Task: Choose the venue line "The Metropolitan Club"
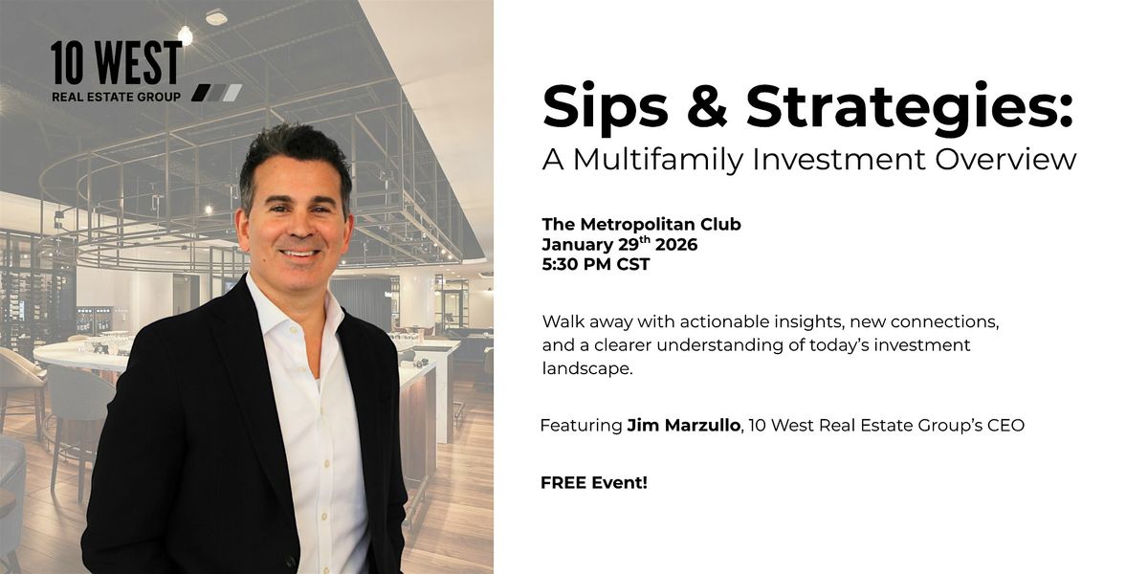click(641, 225)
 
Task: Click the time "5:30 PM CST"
click(595, 265)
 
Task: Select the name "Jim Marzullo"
click(686, 425)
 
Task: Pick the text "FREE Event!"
click(593, 482)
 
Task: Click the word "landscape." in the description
click(587, 369)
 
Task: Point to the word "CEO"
click(1004, 425)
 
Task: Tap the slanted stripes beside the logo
click(216, 93)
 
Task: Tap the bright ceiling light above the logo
click(185, 35)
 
